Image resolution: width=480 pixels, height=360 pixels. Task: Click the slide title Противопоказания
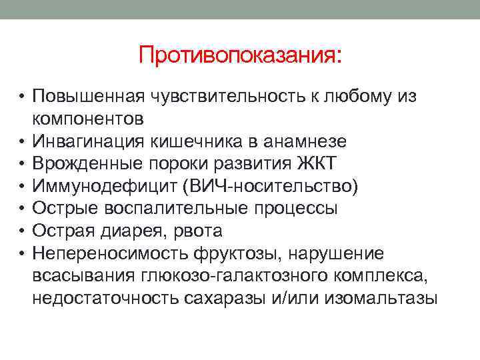tap(239, 55)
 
